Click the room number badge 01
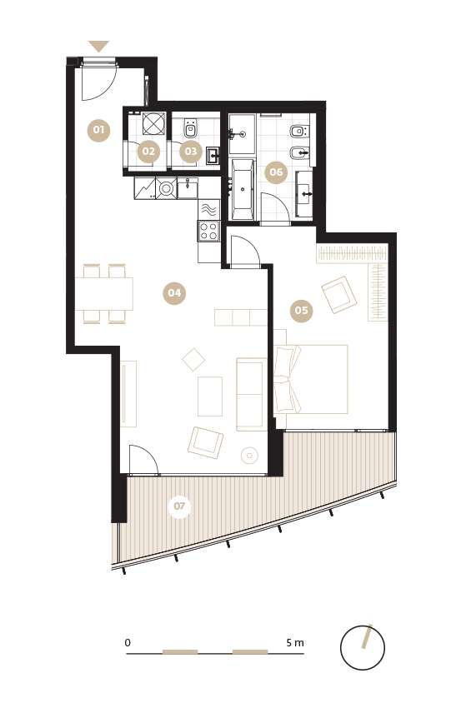click(98, 130)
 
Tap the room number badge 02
click(148, 152)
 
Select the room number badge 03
click(191, 152)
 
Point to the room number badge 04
click(174, 293)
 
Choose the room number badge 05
click(302, 311)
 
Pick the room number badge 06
click(276, 172)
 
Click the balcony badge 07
click(179, 506)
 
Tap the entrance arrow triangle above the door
click(98, 46)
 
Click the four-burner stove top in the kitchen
click(208, 231)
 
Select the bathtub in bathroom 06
click(243, 189)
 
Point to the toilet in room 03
click(190, 128)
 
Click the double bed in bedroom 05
click(311, 379)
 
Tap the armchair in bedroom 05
click(339, 295)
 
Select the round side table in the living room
click(249, 455)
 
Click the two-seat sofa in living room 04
click(251, 394)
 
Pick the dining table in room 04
click(104, 294)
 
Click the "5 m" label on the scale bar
click(295, 642)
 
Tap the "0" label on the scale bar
click(128, 642)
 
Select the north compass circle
click(363, 648)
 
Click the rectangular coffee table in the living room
click(210, 396)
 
